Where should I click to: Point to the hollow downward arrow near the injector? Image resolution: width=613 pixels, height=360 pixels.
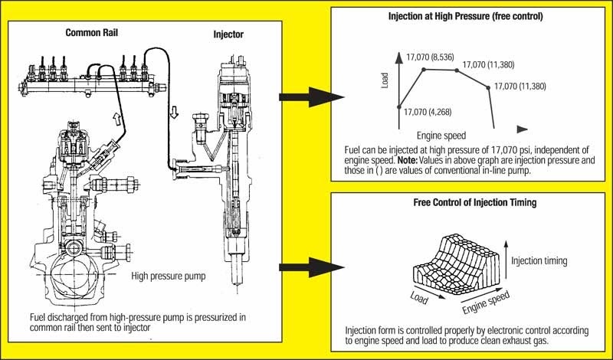pos(174,113)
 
